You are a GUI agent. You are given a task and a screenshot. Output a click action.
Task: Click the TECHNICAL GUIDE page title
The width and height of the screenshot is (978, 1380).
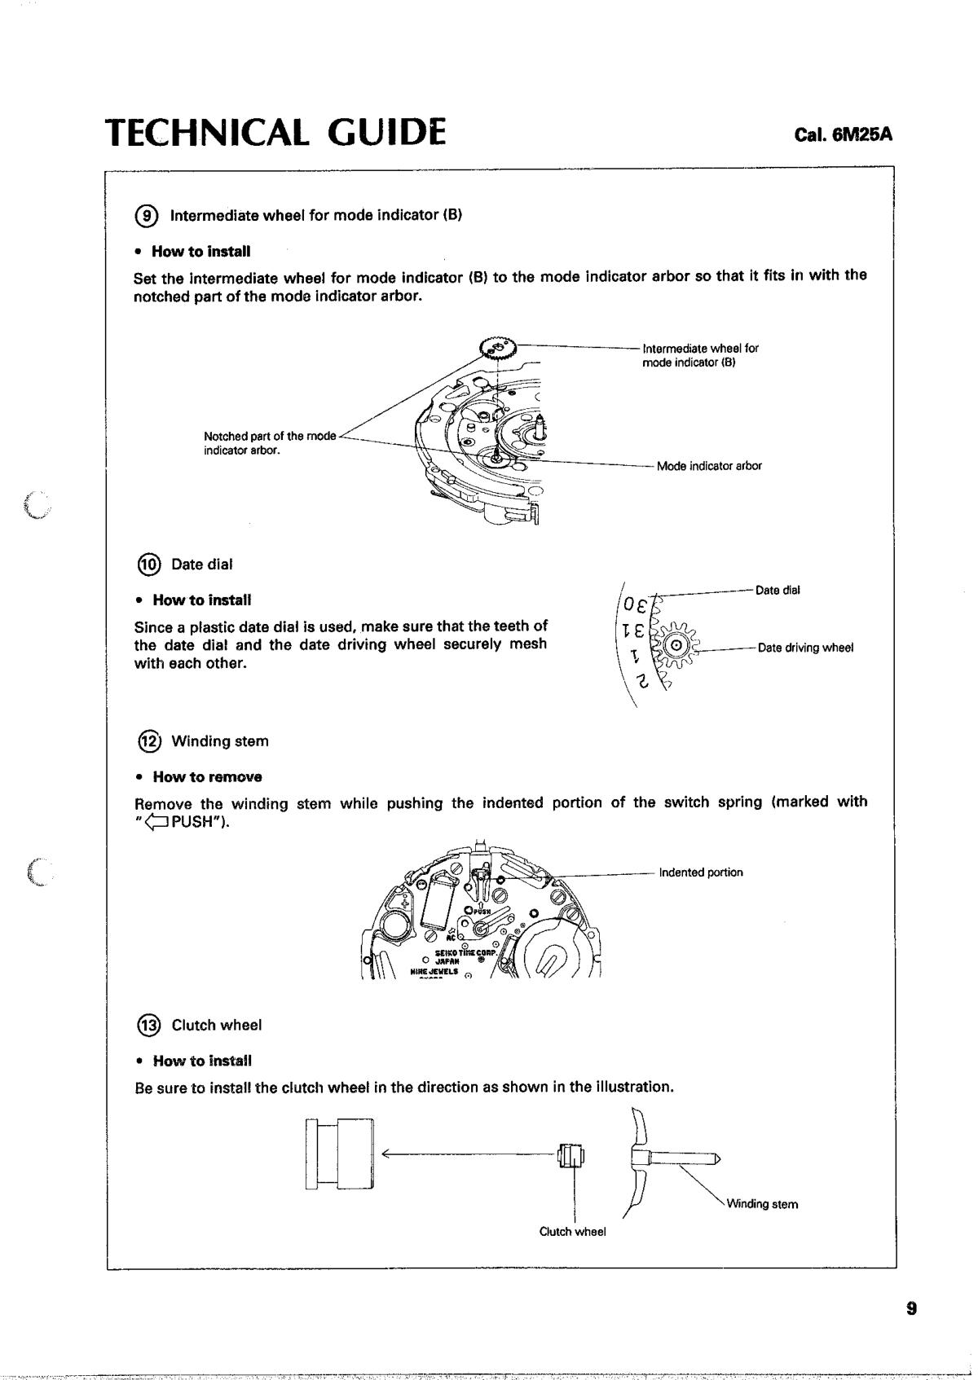276,133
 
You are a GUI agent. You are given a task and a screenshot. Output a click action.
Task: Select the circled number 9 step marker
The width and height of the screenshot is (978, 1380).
148,216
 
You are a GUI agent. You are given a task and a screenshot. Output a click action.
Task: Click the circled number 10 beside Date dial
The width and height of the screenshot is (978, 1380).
148,565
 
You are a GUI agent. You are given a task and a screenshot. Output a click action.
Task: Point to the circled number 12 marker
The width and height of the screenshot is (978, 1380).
148,741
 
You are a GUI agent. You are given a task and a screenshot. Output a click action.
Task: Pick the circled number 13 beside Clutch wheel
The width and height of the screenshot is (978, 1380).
148,1025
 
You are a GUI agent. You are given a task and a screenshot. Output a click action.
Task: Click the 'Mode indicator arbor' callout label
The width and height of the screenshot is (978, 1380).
709,466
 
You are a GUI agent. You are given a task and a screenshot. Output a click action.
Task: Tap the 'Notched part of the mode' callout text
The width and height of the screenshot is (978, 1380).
269,437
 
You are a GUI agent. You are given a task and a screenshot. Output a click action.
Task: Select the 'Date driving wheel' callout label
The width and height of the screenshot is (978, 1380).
805,648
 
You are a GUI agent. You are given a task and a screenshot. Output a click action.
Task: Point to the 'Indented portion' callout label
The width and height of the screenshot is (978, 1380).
701,872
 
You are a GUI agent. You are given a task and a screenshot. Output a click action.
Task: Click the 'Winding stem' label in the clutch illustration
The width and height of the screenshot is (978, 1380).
762,1204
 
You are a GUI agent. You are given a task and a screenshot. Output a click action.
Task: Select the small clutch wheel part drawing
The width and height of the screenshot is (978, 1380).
571,1155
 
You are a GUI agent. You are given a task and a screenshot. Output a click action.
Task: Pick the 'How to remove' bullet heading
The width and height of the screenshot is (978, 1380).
207,776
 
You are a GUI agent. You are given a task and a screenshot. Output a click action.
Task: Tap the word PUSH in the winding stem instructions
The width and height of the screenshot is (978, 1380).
190,821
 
